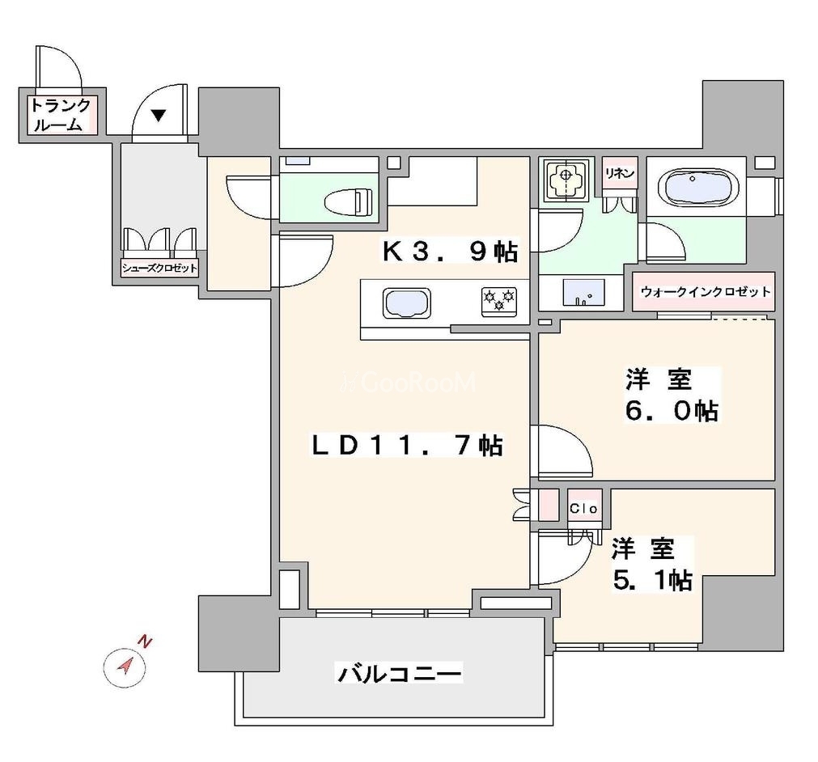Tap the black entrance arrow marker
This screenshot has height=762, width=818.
coord(159,115)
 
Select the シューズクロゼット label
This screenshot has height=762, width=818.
coord(159,269)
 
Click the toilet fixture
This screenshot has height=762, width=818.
coord(346,199)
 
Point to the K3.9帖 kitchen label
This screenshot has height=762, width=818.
coord(450,253)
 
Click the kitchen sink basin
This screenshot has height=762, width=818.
coord(407,305)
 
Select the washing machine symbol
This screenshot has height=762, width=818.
coord(564,178)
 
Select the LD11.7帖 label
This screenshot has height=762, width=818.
coord(409,445)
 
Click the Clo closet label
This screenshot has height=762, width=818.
coord(583,508)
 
